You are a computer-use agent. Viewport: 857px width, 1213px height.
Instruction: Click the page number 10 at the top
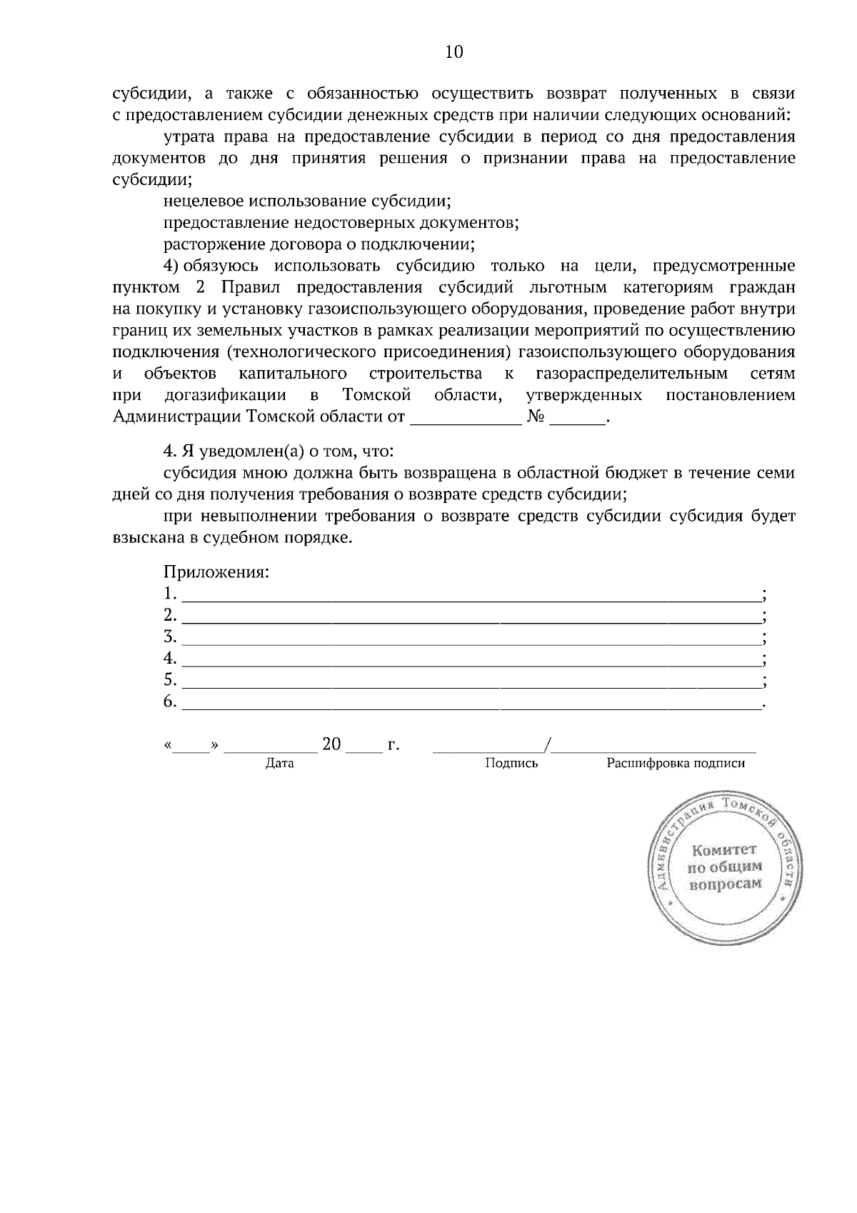454,52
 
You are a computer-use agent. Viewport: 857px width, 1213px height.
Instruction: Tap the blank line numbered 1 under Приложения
471,594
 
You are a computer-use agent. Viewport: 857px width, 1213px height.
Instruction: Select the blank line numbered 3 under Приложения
471,637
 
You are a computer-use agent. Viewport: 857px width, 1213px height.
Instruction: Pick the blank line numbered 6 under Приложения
471,703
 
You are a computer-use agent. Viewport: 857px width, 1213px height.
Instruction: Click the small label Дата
279,764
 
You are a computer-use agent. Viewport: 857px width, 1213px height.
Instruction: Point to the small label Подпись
511,764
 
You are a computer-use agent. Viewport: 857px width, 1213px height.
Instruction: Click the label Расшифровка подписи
676,764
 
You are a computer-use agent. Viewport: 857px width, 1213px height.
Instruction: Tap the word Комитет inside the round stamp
723,850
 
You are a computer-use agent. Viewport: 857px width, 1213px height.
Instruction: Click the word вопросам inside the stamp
724,884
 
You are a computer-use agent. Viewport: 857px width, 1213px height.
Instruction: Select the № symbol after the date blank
536,417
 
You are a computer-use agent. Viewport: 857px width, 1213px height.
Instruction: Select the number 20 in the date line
332,744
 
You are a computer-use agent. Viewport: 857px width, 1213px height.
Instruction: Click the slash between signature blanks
547,746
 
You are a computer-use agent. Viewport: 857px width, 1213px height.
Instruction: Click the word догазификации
226,395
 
